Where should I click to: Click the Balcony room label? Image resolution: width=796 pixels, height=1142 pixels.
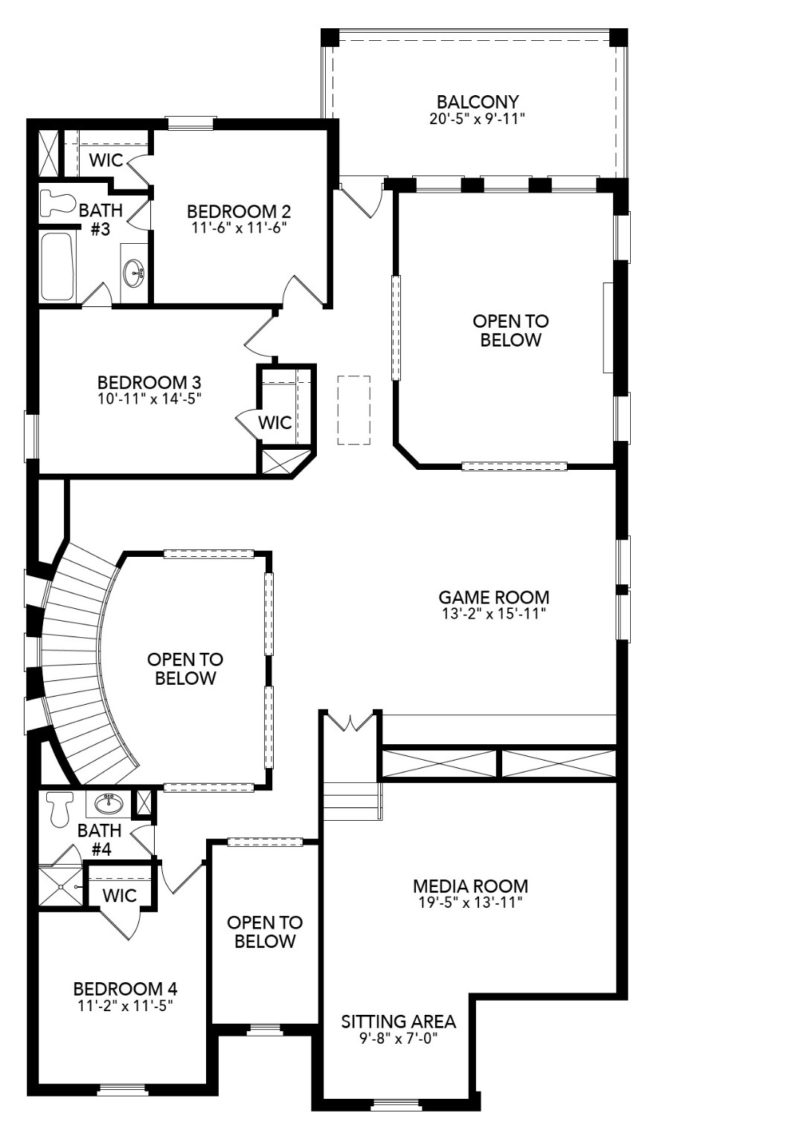tap(478, 102)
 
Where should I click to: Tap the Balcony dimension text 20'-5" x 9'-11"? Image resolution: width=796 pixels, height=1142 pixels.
tap(478, 119)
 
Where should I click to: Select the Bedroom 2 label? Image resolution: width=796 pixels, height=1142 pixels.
tap(238, 211)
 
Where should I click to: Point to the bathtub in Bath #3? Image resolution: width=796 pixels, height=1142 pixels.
tap(57, 267)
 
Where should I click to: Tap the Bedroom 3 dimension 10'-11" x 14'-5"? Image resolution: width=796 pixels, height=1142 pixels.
tap(149, 399)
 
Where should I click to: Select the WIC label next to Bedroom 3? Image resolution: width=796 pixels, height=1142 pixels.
tap(275, 422)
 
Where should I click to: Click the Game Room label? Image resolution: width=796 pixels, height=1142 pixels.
tap(493, 597)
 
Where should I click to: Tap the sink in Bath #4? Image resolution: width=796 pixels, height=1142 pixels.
tap(109, 803)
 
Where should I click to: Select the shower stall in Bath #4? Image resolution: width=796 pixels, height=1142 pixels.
tap(61, 886)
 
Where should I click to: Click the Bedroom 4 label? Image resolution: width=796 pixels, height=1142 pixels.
tap(125, 989)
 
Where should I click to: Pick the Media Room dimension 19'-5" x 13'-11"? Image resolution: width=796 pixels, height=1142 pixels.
tap(470, 903)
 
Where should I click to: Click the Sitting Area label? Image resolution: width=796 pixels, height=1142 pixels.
tap(398, 1022)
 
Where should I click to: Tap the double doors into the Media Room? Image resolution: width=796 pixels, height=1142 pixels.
tap(351, 721)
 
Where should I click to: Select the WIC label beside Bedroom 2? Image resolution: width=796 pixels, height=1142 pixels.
tap(106, 160)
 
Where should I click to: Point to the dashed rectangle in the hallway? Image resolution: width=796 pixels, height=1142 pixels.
tap(354, 410)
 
